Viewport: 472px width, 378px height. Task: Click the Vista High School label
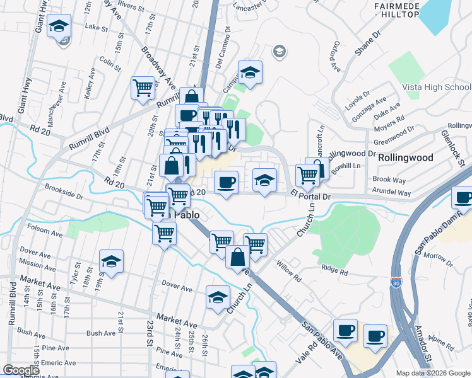click(x=436, y=87)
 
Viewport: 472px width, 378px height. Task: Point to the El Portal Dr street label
click(x=310, y=197)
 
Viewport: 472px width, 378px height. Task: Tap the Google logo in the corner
click(x=21, y=370)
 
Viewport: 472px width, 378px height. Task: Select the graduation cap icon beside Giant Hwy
click(x=59, y=26)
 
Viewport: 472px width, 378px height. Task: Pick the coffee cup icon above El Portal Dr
click(x=227, y=183)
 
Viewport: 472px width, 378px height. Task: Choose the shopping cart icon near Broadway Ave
click(x=143, y=88)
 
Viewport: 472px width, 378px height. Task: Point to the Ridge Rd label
click(x=334, y=272)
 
